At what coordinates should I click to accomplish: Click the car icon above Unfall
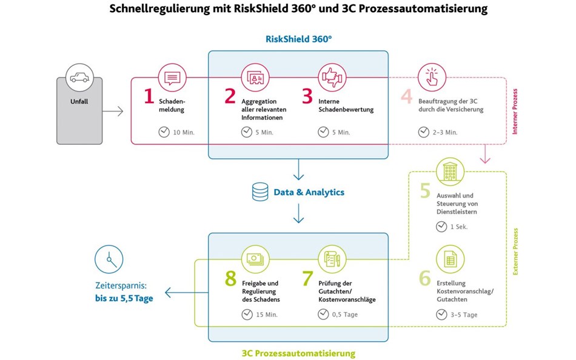79,78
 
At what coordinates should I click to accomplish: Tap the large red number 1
149,96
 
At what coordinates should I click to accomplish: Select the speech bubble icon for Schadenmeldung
172,78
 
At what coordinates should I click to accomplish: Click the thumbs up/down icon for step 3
332,78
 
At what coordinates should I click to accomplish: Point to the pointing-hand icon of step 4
432,78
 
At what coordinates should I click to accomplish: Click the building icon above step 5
450,172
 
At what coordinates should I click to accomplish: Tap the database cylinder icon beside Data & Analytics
260,192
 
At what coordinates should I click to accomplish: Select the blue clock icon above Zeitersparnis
109,259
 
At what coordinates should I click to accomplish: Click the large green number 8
230,278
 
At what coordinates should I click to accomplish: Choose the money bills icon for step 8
255,259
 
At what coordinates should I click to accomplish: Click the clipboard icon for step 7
332,259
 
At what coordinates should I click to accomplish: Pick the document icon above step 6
450,259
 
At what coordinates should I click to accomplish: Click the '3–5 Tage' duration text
464,315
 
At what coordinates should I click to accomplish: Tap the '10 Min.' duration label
184,132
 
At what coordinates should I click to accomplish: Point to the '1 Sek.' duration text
459,227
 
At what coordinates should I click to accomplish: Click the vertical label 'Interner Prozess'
515,112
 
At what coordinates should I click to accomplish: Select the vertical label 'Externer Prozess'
515,252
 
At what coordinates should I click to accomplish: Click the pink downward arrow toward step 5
485,153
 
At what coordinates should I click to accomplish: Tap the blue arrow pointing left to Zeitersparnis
187,292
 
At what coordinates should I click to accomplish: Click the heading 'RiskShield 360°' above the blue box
299,39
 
